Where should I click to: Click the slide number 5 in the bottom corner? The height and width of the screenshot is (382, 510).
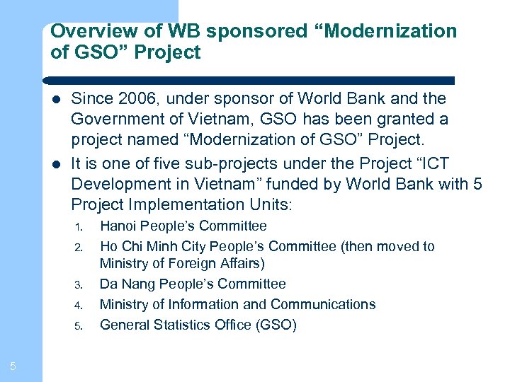(13, 366)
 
